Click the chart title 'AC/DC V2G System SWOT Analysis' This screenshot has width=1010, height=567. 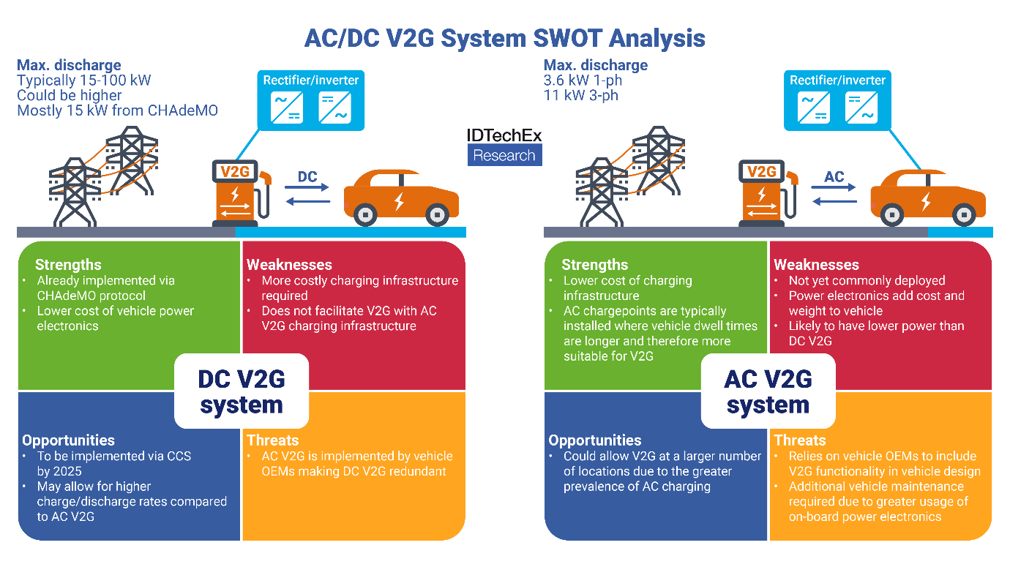pyautogui.click(x=504, y=37)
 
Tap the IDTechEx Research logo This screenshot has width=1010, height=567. pyautogui.click(x=504, y=146)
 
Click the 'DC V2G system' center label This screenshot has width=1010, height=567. pyautogui.click(x=241, y=391)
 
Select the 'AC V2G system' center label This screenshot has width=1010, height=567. pyautogui.click(x=768, y=391)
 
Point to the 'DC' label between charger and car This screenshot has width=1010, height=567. pyautogui.click(x=307, y=176)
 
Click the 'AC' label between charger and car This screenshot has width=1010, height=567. pyautogui.click(x=834, y=176)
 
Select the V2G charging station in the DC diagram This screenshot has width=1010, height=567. pyautogui.click(x=236, y=192)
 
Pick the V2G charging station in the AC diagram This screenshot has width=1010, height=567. pyautogui.click(x=763, y=192)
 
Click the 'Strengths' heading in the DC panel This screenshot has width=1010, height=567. pyautogui.click(x=68, y=265)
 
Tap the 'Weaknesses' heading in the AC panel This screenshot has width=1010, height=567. pyautogui.click(x=816, y=265)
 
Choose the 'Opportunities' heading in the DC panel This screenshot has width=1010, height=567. pyautogui.click(x=68, y=440)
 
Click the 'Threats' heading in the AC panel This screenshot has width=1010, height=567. pyautogui.click(x=799, y=440)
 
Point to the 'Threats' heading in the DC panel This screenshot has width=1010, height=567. pyautogui.click(x=272, y=440)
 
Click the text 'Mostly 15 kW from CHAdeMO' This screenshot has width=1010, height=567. pyautogui.click(x=117, y=110)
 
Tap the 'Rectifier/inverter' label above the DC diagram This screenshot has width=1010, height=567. pyautogui.click(x=311, y=80)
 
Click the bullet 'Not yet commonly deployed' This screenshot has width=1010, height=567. pyautogui.click(x=867, y=281)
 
